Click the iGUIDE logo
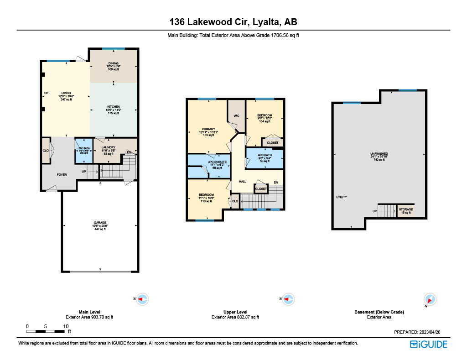tap(428, 345)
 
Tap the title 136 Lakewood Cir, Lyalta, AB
tap(233, 22)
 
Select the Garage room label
tap(100, 225)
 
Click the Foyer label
tap(62, 174)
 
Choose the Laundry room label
tap(108, 150)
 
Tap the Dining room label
tap(114, 66)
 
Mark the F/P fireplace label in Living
tap(46, 93)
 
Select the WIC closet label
tap(236, 115)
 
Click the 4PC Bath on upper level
tap(265, 157)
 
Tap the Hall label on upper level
tap(243, 181)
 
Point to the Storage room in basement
tap(406, 211)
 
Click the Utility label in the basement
tap(342, 197)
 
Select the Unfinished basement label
tap(379, 157)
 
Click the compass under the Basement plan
tap(431, 300)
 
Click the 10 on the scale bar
tap(66, 326)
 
